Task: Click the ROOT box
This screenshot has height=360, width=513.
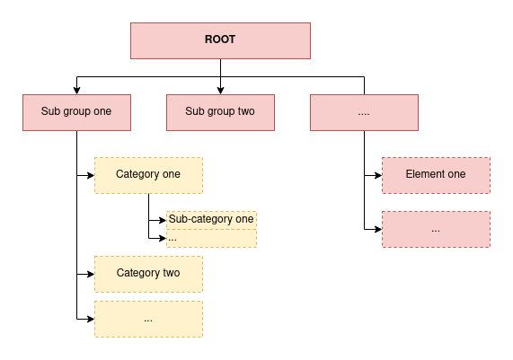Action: (x=220, y=41)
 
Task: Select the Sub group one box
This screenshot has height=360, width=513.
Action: (x=77, y=113)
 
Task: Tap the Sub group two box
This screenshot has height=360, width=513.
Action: (x=220, y=113)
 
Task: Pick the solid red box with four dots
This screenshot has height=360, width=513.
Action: (x=364, y=113)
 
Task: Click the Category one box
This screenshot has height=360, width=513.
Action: (x=148, y=176)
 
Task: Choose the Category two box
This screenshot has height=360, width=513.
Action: (x=148, y=274)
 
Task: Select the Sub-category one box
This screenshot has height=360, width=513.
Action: (x=211, y=220)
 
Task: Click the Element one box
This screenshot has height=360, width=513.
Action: (x=436, y=176)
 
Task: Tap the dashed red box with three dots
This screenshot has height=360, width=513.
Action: (x=436, y=229)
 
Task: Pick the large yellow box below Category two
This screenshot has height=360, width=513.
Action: (x=148, y=319)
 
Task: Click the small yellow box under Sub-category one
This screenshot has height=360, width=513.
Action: (x=211, y=239)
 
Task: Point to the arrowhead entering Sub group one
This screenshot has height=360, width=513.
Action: (x=77, y=91)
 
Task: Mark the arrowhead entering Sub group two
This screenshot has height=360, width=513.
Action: (x=220, y=91)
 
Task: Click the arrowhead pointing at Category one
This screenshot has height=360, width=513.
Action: (x=91, y=176)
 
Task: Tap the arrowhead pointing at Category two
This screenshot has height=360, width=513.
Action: (x=91, y=274)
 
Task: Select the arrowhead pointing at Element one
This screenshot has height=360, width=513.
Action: (x=378, y=176)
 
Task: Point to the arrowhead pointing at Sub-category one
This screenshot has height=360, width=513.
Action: (x=163, y=220)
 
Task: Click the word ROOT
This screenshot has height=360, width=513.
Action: (x=220, y=40)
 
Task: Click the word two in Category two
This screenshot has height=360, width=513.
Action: (x=172, y=273)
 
